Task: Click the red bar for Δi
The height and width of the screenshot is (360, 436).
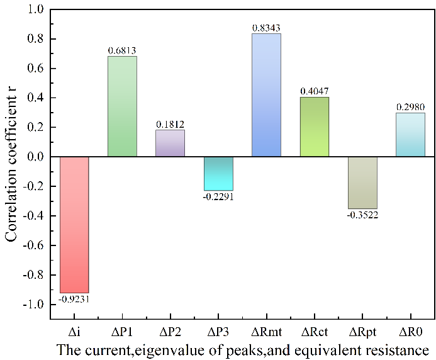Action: tap(74, 224)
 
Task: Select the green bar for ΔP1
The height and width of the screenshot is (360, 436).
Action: tap(122, 106)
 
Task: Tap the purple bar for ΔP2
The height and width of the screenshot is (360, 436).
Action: tap(170, 143)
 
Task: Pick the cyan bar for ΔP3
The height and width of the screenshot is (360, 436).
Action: tap(218, 173)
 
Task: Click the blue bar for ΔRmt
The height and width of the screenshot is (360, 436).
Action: tap(266, 95)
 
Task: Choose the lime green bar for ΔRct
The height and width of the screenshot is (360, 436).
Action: tap(315, 127)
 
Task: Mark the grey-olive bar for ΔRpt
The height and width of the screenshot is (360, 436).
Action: tap(362, 183)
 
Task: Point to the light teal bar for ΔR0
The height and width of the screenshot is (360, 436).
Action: tap(410, 135)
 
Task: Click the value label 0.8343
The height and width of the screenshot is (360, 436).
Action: tap(266, 27)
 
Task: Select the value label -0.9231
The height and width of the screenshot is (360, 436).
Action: tap(74, 299)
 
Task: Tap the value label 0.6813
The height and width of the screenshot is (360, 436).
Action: tap(122, 50)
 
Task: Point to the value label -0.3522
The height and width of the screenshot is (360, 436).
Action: tap(362, 215)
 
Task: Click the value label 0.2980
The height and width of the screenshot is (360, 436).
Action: tap(410, 106)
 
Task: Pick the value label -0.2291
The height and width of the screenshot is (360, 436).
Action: tap(218, 197)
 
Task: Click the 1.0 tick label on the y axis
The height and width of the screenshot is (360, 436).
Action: tap(35, 10)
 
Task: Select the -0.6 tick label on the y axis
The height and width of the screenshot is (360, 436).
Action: tap(33, 245)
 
